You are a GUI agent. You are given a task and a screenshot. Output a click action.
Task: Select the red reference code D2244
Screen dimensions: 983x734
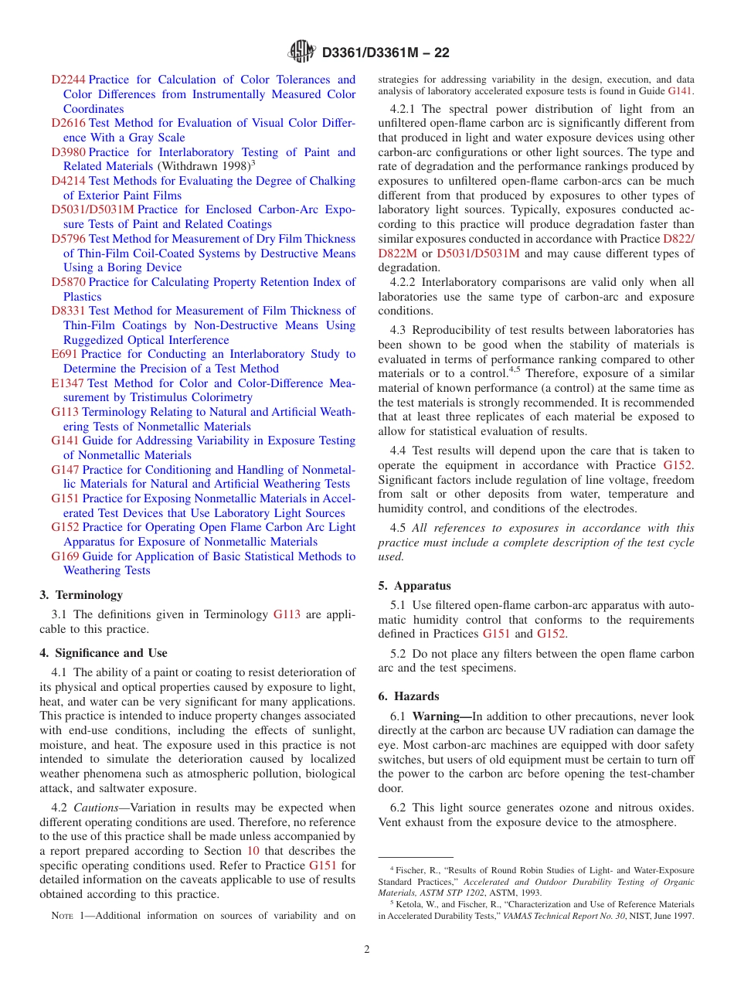68,80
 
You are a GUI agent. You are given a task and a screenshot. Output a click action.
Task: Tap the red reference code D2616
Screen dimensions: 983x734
68,123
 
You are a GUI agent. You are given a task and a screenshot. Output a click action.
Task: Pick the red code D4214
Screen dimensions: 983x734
68,181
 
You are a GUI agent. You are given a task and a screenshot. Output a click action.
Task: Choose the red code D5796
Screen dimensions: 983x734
68,239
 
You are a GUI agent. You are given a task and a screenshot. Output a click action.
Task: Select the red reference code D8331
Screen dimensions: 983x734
68,311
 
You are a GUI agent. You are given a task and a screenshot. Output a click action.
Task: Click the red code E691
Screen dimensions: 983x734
64,354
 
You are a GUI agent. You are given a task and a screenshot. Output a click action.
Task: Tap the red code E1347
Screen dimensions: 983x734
67,383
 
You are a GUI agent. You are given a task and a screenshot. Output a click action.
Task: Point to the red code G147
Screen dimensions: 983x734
65,470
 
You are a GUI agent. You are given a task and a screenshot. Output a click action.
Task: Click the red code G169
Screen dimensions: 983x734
65,556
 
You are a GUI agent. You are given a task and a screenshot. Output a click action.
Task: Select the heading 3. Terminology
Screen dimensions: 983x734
81,595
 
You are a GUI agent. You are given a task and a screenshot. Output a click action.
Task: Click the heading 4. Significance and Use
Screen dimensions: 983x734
103,653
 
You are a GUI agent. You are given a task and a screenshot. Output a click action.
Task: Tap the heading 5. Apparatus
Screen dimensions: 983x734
414,586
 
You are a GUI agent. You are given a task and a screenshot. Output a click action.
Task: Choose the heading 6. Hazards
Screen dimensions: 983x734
409,696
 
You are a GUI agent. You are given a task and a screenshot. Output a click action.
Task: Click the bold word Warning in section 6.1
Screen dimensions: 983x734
437,716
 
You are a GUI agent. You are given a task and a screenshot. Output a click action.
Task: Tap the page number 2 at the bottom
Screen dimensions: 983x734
367,949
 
